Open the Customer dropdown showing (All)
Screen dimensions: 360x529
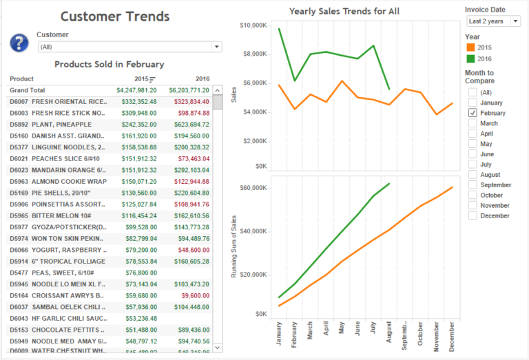pos(130,47)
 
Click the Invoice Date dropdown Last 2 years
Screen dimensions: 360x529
pos(492,21)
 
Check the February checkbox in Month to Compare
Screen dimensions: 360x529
pos(473,113)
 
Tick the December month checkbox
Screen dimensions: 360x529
pos(473,215)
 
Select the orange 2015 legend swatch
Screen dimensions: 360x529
pos(471,47)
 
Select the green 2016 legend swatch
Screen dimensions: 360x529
pos(471,59)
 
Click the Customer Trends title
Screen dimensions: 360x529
pos(115,17)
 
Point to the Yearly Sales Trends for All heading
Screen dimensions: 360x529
pos(344,11)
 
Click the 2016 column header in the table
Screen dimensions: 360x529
pos(202,78)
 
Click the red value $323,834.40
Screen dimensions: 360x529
pos(189,101)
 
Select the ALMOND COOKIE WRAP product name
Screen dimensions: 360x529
pos(68,181)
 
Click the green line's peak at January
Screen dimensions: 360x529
pos(280,28)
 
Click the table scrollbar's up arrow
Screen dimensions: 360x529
pos(218,90)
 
